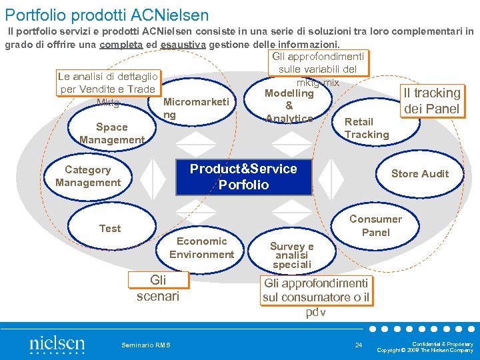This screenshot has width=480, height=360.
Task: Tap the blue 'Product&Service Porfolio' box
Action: pyautogui.click(x=243, y=177)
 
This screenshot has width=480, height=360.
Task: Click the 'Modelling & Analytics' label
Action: pyautogui.click(x=289, y=106)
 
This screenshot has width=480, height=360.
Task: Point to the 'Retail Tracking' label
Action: pyautogui.click(x=366, y=128)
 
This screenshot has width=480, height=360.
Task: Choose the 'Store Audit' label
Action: pyautogui.click(x=419, y=174)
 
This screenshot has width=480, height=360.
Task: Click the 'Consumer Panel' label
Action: pyautogui.click(x=375, y=226)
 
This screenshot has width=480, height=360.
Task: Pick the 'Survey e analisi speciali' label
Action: pyautogui.click(x=291, y=255)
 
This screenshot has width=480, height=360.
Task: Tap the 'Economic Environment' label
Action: pyautogui.click(x=201, y=247)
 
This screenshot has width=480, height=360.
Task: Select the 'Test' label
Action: pyautogui.click(x=110, y=229)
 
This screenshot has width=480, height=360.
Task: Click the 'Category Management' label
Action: pyautogui.click(x=88, y=176)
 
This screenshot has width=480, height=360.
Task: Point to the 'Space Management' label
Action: pyautogui.click(x=111, y=133)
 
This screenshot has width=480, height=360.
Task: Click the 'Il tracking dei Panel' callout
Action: pyautogui.click(x=431, y=101)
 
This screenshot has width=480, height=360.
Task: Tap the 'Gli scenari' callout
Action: pyautogui.click(x=158, y=288)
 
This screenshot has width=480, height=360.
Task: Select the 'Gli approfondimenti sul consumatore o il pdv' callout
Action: pyautogui.click(x=316, y=291)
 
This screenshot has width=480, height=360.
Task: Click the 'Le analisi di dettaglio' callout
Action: pyautogui.click(x=108, y=83)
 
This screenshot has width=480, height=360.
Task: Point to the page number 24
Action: pyautogui.click(x=359, y=345)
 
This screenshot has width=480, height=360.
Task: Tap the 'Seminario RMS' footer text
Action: pyautogui.click(x=145, y=345)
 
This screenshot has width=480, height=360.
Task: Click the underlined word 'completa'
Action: pyautogui.click(x=121, y=45)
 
